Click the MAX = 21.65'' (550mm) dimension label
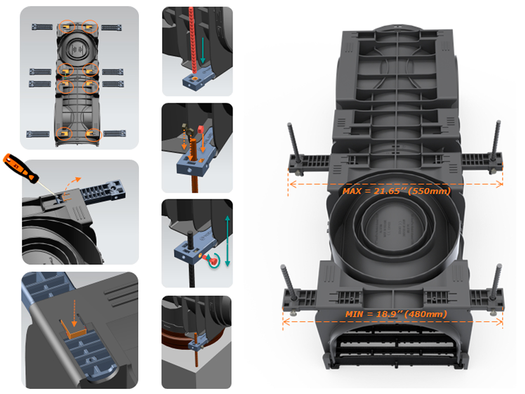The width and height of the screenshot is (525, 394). [396, 191]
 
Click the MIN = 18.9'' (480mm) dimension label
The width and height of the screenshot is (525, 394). [396, 314]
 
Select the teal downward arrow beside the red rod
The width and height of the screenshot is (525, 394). [203, 50]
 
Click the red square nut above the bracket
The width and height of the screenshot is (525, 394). [201, 129]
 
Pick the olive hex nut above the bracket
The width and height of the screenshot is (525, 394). [186, 128]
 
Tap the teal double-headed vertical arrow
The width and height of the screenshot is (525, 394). [228, 241]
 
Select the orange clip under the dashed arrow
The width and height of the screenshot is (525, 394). [73, 330]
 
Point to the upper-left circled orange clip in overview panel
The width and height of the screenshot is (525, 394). [67, 26]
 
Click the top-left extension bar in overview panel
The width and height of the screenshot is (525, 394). [42, 27]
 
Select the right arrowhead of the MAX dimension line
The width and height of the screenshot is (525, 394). [499, 184]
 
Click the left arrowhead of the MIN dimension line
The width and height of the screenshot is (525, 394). [286, 322]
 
